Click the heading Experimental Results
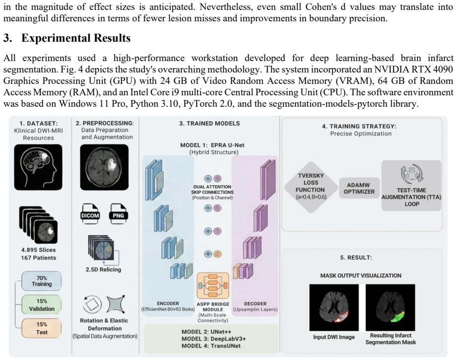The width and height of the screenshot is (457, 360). (x=76, y=38)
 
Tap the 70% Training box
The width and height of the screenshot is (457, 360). (x=42, y=281)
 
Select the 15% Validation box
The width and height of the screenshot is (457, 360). (x=42, y=304)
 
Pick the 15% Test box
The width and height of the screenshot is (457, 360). (x=42, y=328)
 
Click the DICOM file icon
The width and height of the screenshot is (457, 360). (x=90, y=215)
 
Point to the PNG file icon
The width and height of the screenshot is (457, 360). (x=118, y=215)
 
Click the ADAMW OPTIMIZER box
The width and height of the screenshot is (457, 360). (x=359, y=188)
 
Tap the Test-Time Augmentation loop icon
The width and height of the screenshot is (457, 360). (x=411, y=174)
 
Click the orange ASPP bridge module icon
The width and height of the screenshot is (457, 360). (x=213, y=286)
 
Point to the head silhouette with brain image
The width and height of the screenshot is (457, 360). (x=38, y=167)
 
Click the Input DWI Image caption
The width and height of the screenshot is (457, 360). (x=334, y=337)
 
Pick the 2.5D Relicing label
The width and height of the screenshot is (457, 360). (x=104, y=269)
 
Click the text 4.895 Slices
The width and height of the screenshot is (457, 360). (x=39, y=250)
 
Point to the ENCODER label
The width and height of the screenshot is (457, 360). (x=168, y=303)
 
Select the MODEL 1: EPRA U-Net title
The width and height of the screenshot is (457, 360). (x=212, y=145)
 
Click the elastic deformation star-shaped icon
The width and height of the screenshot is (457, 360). (x=117, y=304)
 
